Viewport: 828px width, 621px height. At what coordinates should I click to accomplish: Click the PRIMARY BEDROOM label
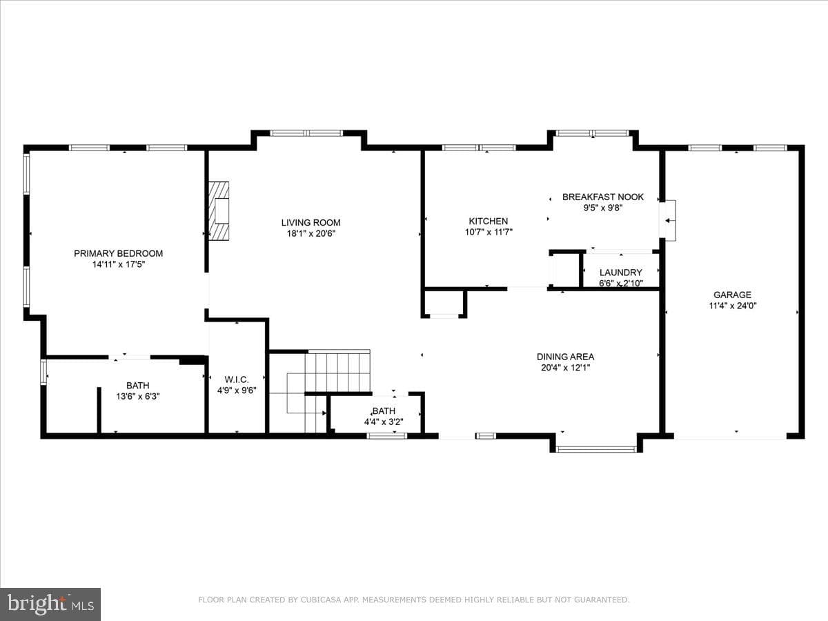coord(119,253)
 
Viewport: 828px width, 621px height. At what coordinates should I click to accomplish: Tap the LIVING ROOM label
coord(310,222)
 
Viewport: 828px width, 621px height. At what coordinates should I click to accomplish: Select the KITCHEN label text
coord(489,221)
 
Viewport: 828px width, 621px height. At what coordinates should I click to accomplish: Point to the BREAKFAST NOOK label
coord(603,197)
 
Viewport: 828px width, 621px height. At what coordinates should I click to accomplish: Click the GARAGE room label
coord(732,295)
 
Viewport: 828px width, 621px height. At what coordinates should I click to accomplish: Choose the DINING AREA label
coord(565,357)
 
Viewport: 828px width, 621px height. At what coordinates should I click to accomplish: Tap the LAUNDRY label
coord(621,273)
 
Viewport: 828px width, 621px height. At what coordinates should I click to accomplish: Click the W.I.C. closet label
coord(237,379)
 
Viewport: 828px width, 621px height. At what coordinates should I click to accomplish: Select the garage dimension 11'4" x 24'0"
coord(733,306)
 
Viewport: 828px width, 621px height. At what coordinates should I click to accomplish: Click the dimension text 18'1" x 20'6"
coord(311,234)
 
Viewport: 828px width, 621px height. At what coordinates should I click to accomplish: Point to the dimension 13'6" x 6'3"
coord(138,397)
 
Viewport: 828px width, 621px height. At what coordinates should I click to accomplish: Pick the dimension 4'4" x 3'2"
coord(384,422)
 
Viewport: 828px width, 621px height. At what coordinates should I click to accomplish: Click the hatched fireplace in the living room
coord(219,210)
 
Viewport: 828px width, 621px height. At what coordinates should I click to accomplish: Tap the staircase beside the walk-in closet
coord(320,391)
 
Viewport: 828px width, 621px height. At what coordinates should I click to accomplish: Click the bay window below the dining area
coord(596,449)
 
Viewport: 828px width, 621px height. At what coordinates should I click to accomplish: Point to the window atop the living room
coord(307,133)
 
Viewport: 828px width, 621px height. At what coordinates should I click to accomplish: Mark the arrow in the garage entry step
coord(669,221)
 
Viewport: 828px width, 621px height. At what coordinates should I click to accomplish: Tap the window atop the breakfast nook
coord(593,133)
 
